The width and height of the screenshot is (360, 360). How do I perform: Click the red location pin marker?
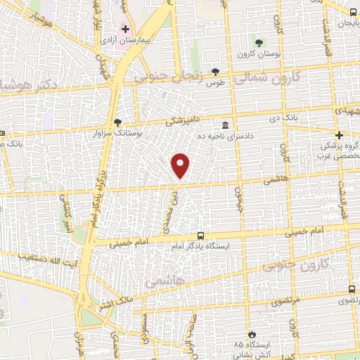181,165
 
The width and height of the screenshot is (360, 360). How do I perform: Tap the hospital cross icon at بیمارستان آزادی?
127,30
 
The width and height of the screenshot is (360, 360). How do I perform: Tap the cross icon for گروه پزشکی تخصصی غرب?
339,135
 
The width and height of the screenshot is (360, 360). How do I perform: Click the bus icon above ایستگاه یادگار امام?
200,236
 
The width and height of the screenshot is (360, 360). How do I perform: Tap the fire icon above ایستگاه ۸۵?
251,334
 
